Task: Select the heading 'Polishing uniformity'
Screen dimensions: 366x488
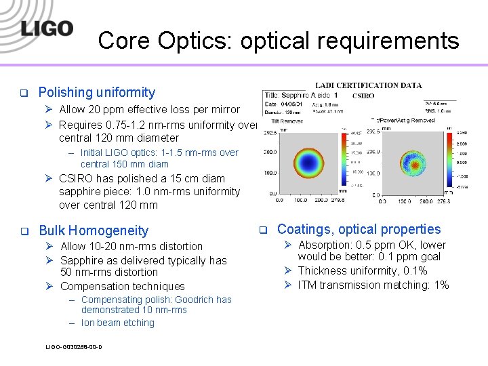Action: pyautogui.click(x=96, y=92)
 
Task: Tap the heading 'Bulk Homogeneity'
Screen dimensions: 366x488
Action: pyautogui.click(x=93, y=230)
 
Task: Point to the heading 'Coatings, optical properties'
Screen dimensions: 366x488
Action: pyautogui.click(x=359, y=229)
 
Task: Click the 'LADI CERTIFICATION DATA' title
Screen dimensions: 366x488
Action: pyautogui.click(x=368, y=85)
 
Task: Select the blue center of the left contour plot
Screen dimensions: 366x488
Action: pyautogui.click(x=313, y=163)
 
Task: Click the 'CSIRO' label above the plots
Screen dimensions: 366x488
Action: pyautogui.click(x=363, y=96)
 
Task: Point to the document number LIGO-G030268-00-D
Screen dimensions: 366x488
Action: pyautogui.click(x=74, y=347)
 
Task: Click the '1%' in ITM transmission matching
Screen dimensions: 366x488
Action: pyautogui.click(x=441, y=285)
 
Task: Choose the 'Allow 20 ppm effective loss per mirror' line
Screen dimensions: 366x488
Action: pyautogui.click(x=149, y=109)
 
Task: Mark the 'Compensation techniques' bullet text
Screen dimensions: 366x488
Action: pyautogui.click(x=122, y=286)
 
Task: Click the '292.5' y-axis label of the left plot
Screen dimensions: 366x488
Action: pyautogui.click(x=270, y=134)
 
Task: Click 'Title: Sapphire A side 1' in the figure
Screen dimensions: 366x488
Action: pyautogui.click(x=299, y=96)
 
